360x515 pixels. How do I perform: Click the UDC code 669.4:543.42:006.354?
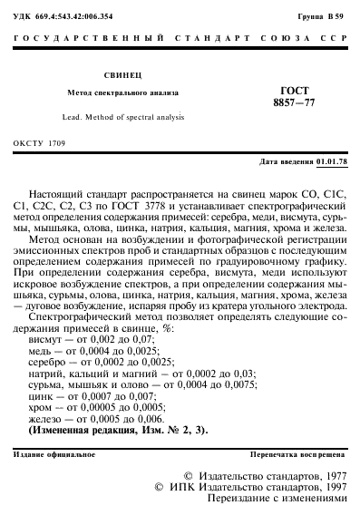66,18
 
